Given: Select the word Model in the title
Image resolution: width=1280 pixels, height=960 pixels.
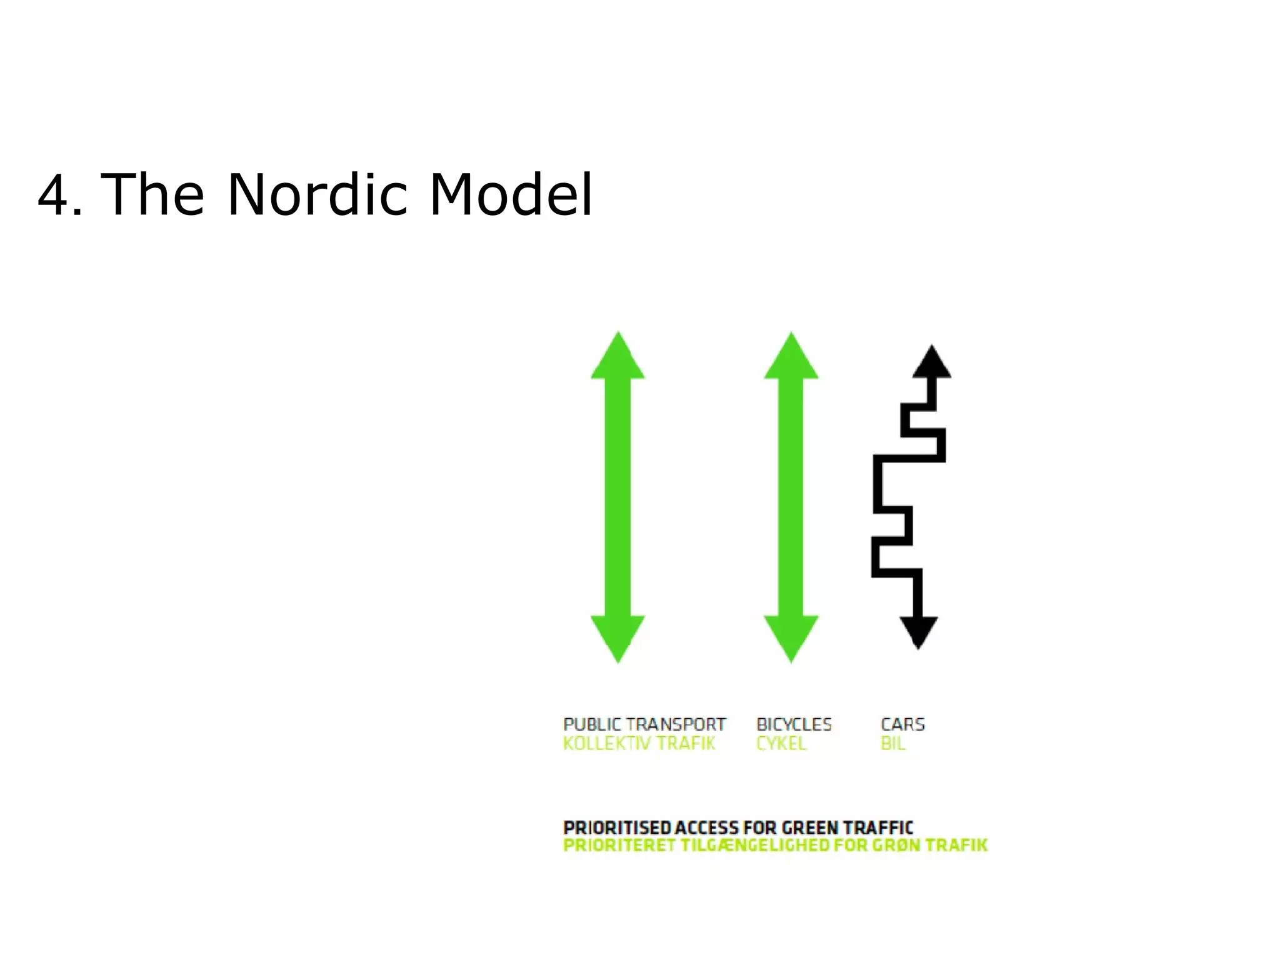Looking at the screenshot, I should click(510, 195).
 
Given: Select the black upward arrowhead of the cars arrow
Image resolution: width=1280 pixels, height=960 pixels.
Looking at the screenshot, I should click(932, 364).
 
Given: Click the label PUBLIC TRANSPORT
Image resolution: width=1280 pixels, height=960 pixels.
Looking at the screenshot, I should click(644, 724).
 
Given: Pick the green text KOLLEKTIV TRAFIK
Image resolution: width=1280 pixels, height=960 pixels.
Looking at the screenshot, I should click(639, 744).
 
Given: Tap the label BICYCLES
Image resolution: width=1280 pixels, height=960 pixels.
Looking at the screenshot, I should click(794, 724).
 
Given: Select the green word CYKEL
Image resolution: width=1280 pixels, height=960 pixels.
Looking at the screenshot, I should click(781, 744).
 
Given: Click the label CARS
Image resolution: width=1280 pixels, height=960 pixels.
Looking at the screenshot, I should click(902, 724).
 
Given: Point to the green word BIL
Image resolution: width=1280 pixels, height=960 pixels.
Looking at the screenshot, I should click(892, 744).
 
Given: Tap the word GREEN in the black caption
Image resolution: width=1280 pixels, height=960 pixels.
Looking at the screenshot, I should click(810, 828).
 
